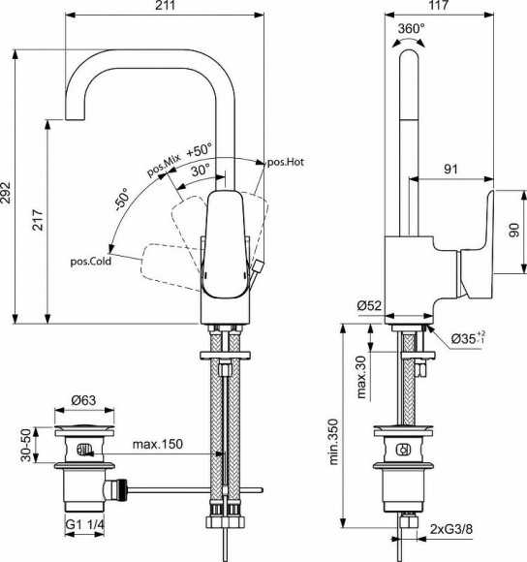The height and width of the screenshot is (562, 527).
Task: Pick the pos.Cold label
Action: coord(90,261)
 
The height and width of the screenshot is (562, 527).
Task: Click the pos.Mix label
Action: coord(165,164)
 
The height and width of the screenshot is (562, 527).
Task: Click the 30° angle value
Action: coord(201,170)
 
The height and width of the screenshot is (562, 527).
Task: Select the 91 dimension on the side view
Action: coord(449,169)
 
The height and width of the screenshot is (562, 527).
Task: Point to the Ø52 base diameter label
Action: coord(368,305)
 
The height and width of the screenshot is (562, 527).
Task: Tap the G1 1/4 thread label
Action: coord(85,526)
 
